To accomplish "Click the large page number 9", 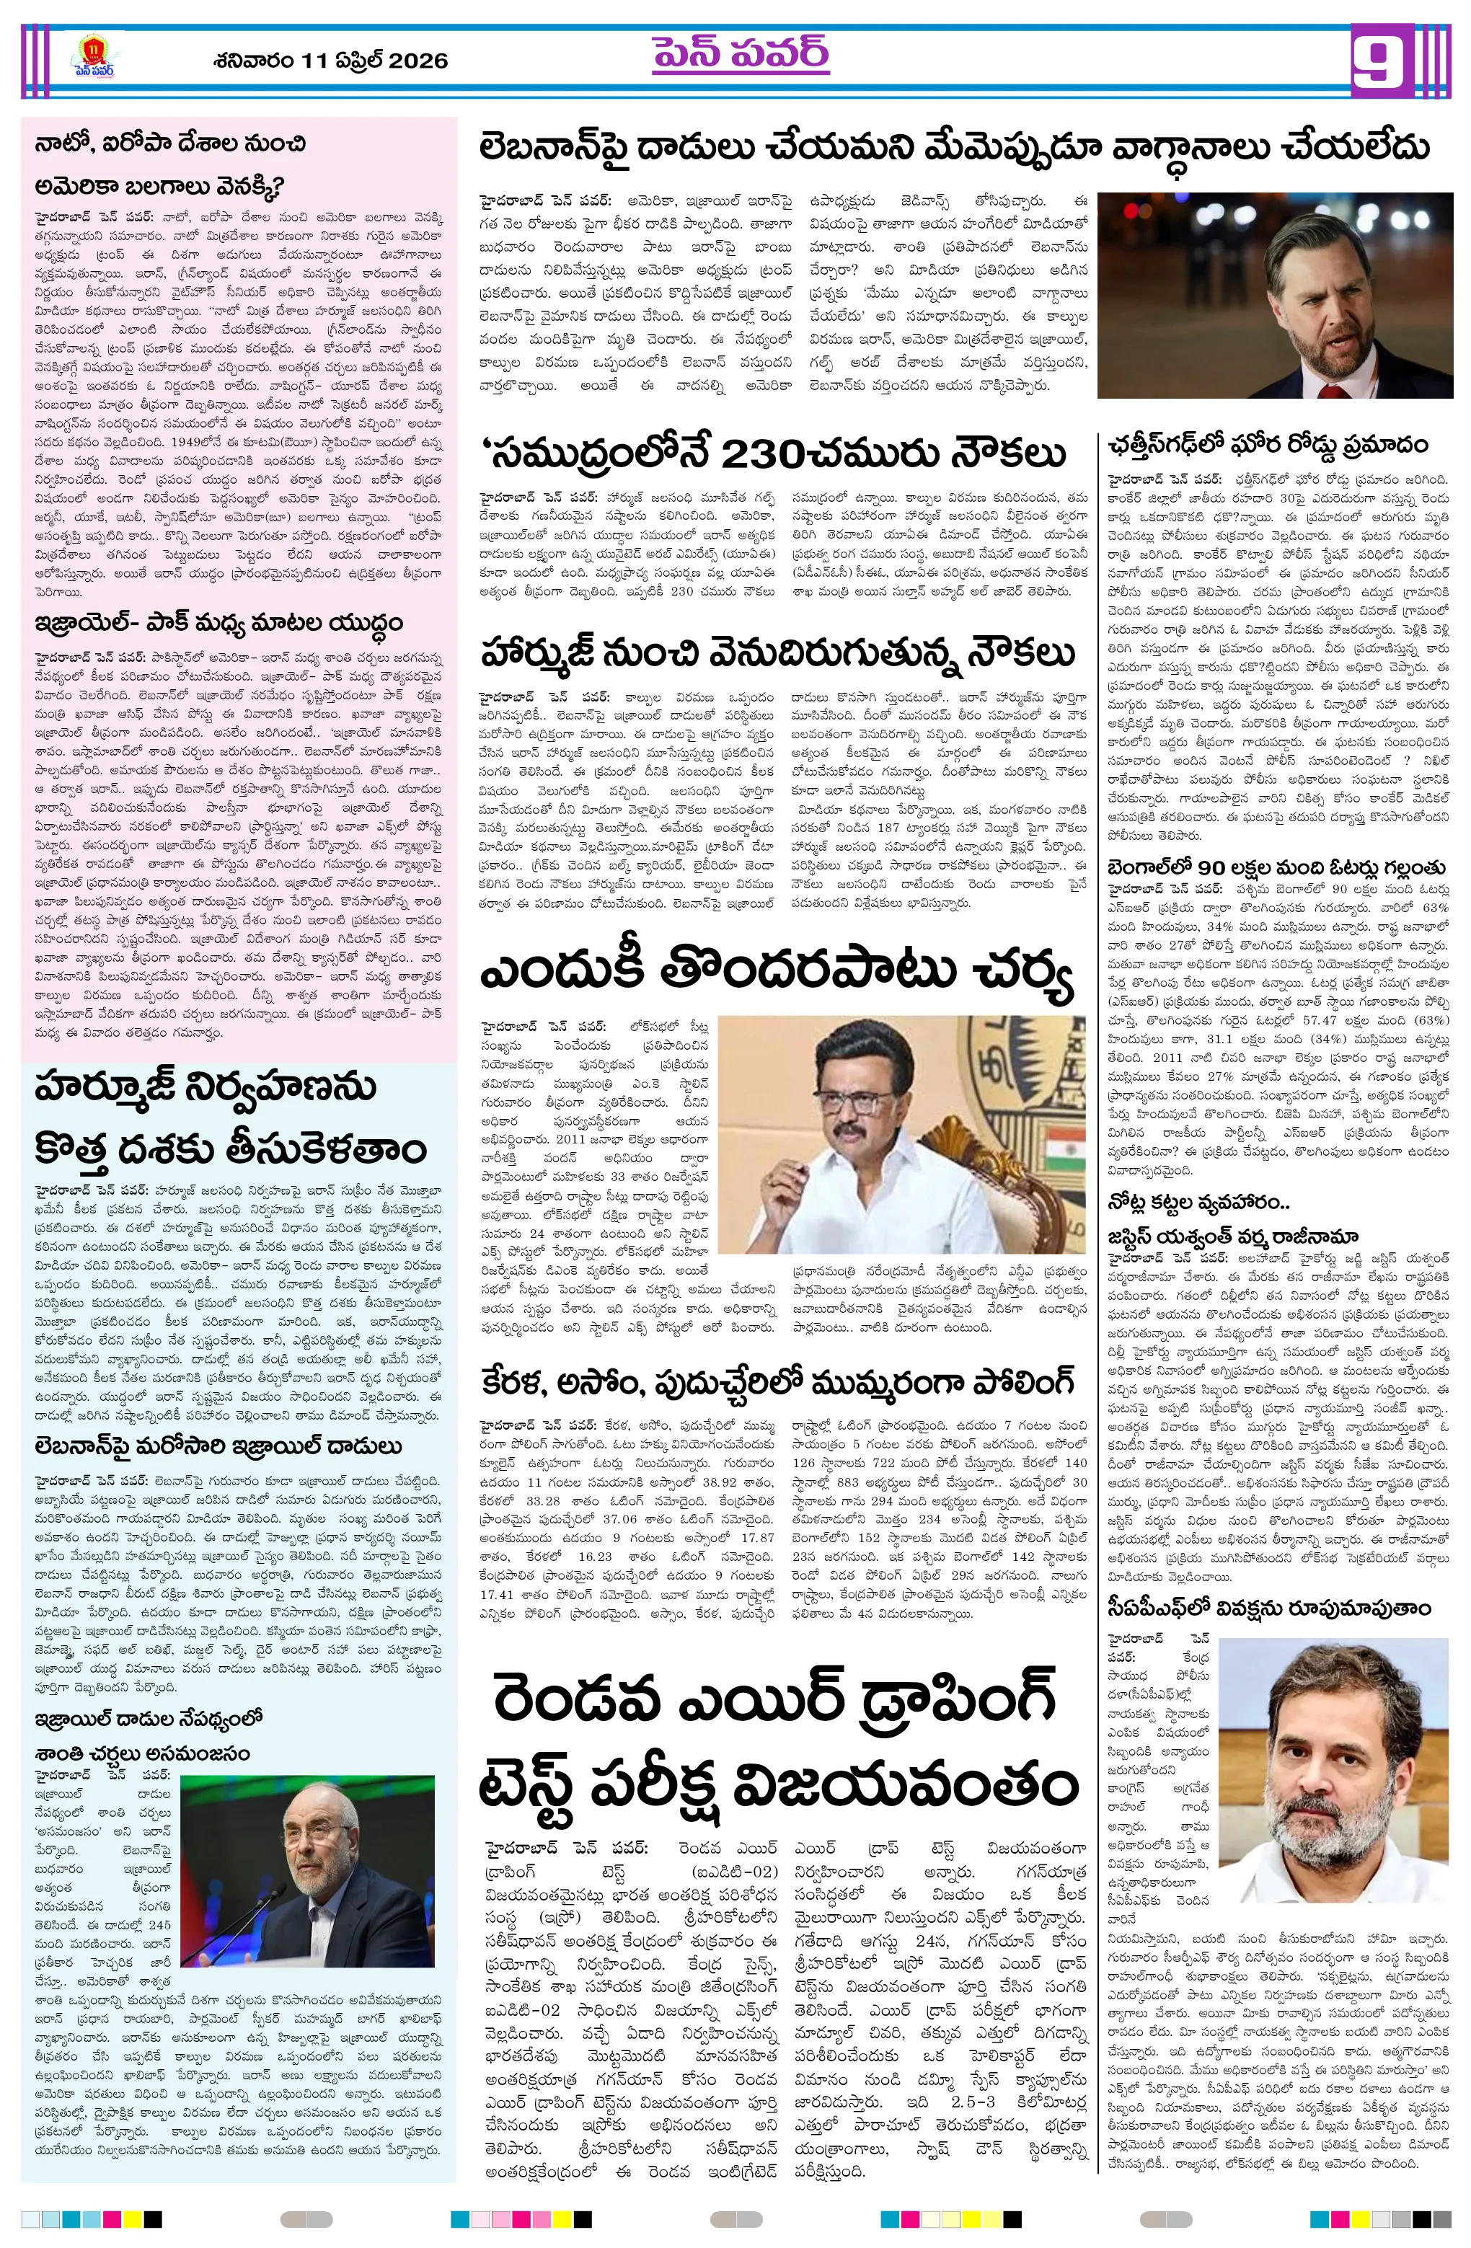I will [1382, 61].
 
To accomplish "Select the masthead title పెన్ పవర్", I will [741, 55].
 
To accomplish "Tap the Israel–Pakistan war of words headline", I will [218, 624].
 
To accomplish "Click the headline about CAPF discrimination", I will [1269, 1608].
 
